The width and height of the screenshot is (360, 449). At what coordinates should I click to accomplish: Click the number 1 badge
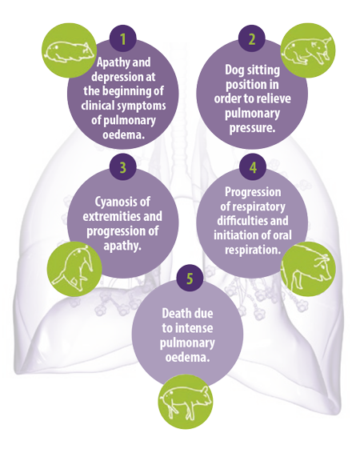pyautogui.click(x=123, y=38)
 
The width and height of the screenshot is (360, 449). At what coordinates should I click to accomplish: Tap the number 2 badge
pyautogui.click(x=252, y=38)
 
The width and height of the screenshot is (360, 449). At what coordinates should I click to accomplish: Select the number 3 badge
pyautogui.click(x=123, y=167)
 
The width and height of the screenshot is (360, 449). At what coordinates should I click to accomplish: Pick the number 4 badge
pyautogui.click(x=253, y=167)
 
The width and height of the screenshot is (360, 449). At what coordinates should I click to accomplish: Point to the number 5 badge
pyautogui.click(x=190, y=278)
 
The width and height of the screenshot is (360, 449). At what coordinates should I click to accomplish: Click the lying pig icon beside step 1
pyautogui.click(x=69, y=50)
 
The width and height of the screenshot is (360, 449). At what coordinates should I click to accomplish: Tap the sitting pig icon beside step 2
pyautogui.click(x=308, y=50)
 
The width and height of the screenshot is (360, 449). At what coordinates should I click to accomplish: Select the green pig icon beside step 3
pyautogui.click(x=74, y=269)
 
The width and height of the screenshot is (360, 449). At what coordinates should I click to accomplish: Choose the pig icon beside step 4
pyautogui.click(x=309, y=269)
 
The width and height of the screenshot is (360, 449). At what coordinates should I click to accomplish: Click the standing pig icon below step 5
pyautogui.click(x=186, y=401)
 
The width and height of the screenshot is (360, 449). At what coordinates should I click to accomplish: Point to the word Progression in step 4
pyautogui.click(x=253, y=192)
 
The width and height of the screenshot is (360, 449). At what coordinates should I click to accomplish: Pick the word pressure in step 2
pyautogui.click(x=252, y=128)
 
